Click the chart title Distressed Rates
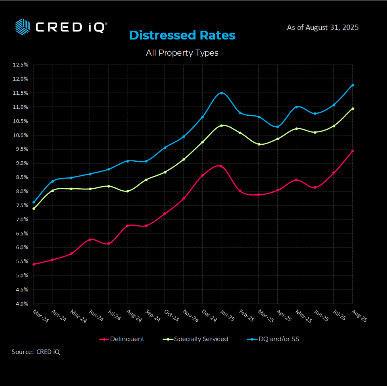coord(182,35)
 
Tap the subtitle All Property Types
coord(182,52)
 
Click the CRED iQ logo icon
coord(23,26)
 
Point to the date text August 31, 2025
coord(322,27)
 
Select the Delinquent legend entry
coord(122,339)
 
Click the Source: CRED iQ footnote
coord(36,352)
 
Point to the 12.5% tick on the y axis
coord(21,64)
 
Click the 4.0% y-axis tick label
coord(21,304)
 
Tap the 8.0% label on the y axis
coord(21,191)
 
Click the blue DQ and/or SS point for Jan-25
coord(221,93)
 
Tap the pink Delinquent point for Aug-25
coord(353,151)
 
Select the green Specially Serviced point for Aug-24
coord(127,191)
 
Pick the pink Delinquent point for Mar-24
coord(33,264)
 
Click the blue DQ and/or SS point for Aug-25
coord(353,85)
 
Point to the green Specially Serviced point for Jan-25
coord(221,125)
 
